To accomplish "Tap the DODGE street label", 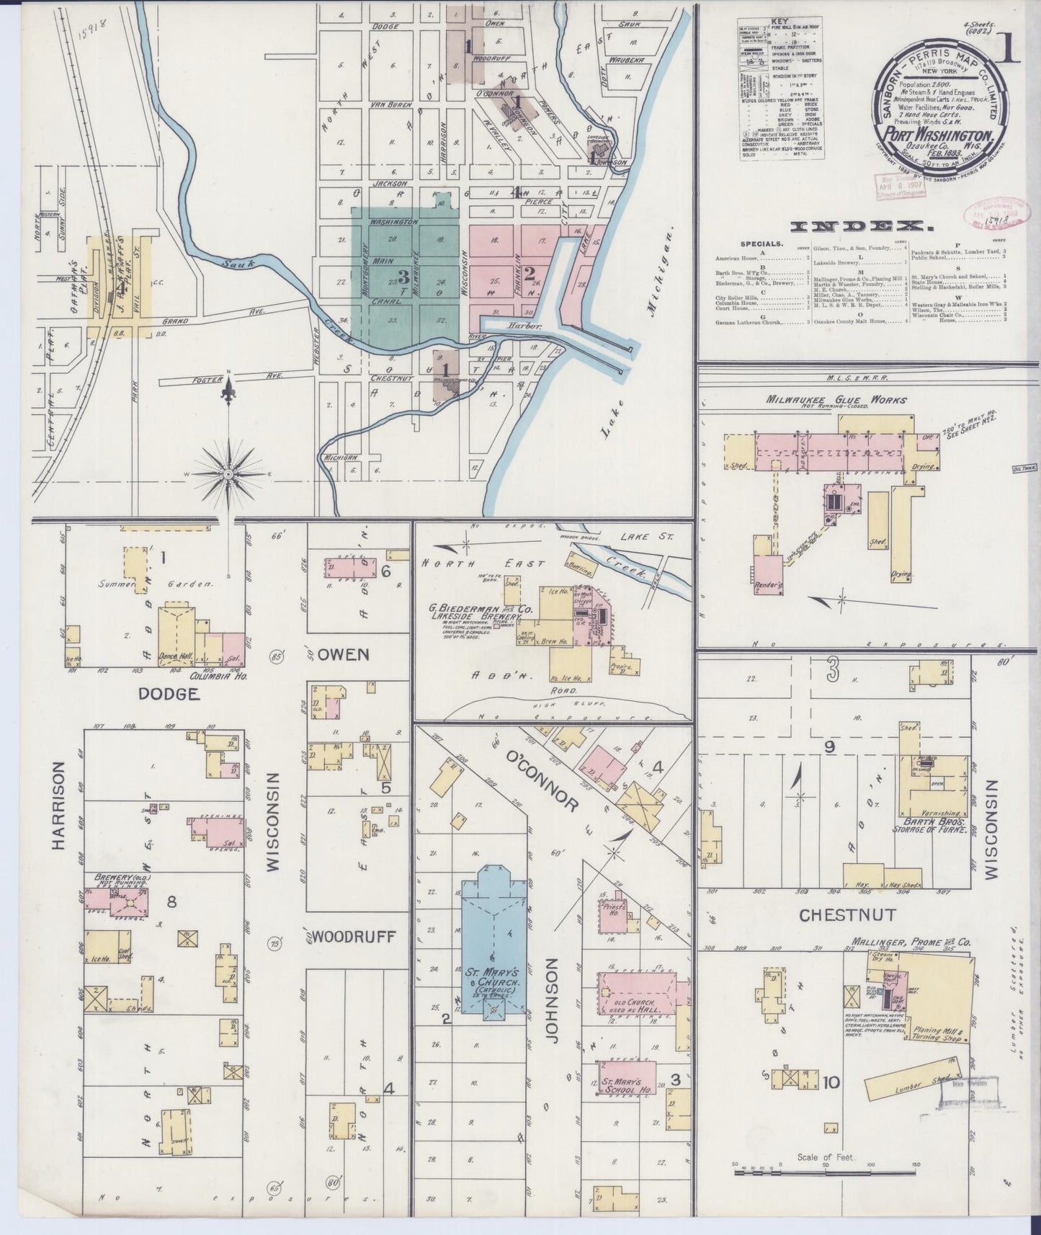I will [169, 694].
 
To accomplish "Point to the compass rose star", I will [228, 473].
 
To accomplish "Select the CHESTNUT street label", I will [847, 915].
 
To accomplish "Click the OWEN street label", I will [344, 654].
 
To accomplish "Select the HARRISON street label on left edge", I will [60, 807].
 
